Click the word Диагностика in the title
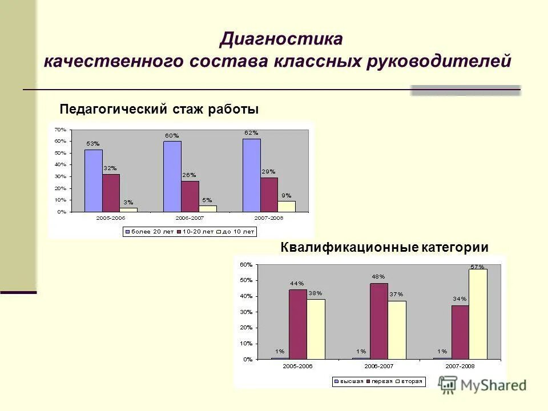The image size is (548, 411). [281, 39]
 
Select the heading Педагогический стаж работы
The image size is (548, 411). [159, 108]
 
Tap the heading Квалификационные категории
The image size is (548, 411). [385, 247]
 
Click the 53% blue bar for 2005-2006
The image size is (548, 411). [94, 180]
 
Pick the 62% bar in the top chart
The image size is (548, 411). [251, 175]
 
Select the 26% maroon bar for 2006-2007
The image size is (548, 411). [190, 196]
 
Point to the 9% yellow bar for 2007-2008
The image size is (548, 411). [287, 206]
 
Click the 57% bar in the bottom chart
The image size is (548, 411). [478, 313]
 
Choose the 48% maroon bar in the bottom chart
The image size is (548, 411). [378, 321]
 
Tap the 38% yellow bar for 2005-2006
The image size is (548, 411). [316, 329]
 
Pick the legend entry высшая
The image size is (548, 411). [350, 381]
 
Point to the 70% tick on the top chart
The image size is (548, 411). [61, 130]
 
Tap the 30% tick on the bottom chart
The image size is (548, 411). [245, 312]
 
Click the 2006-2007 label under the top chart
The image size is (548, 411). [190, 218]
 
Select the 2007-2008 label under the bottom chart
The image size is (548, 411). [460, 366]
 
